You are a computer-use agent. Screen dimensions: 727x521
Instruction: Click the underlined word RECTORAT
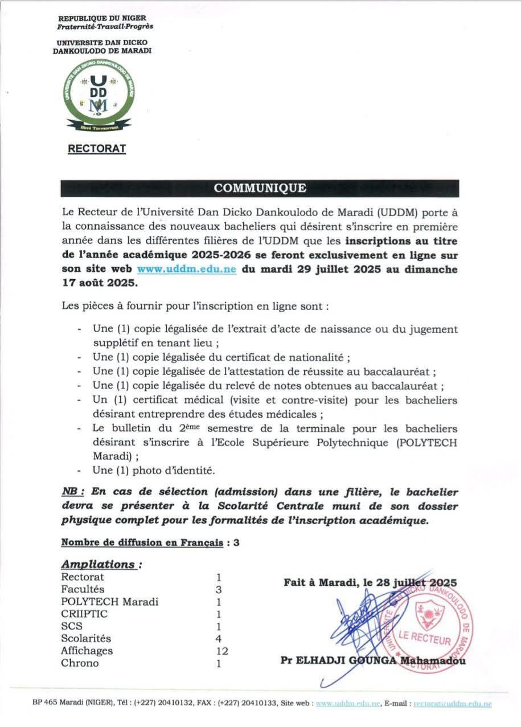coord(97,149)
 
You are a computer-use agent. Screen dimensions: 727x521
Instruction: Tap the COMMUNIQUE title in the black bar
coord(260,188)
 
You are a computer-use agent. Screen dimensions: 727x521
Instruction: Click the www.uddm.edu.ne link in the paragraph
coord(187,269)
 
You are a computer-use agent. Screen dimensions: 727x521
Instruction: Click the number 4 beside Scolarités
coord(219,638)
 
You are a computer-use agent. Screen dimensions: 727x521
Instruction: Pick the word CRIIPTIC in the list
coord(84,614)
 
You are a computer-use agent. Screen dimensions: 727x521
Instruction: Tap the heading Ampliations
coord(100,564)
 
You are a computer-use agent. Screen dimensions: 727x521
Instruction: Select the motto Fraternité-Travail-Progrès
coord(105,26)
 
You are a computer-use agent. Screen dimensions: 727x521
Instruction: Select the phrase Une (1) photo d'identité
coord(154,471)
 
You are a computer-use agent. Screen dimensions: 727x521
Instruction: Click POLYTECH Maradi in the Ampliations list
coord(109,601)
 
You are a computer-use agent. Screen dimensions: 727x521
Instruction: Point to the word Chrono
coord(80,663)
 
